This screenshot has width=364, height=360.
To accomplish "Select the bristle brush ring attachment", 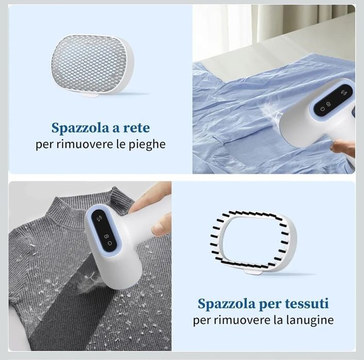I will click(253, 243).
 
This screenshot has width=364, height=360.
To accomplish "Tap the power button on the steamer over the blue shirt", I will click(322, 109).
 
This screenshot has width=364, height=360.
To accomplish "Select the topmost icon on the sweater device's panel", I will click(100, 218).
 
